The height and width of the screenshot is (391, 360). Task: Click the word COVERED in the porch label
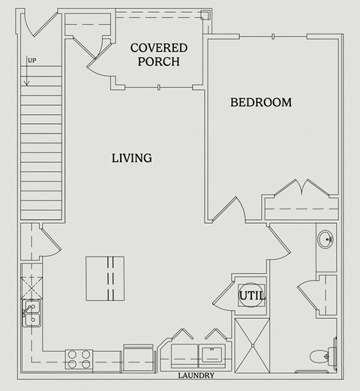[x=159, y=48]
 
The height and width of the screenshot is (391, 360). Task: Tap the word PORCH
[x=159, y=62]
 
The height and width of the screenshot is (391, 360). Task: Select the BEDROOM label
[x=260, y=102]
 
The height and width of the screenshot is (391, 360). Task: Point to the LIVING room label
[x=132, y=158]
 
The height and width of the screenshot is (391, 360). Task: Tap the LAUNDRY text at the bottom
[x=196, y=376]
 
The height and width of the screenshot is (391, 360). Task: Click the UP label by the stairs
[x=31, y=61]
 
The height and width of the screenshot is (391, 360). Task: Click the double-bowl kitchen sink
[x=31, y=313]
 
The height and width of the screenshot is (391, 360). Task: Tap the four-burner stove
[x=79, y=359]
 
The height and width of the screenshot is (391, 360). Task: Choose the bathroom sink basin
[x=326, y=241]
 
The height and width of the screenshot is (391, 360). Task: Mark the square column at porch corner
[x=204, y=14]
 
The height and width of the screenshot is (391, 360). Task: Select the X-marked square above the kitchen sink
[x=31, y=285]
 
